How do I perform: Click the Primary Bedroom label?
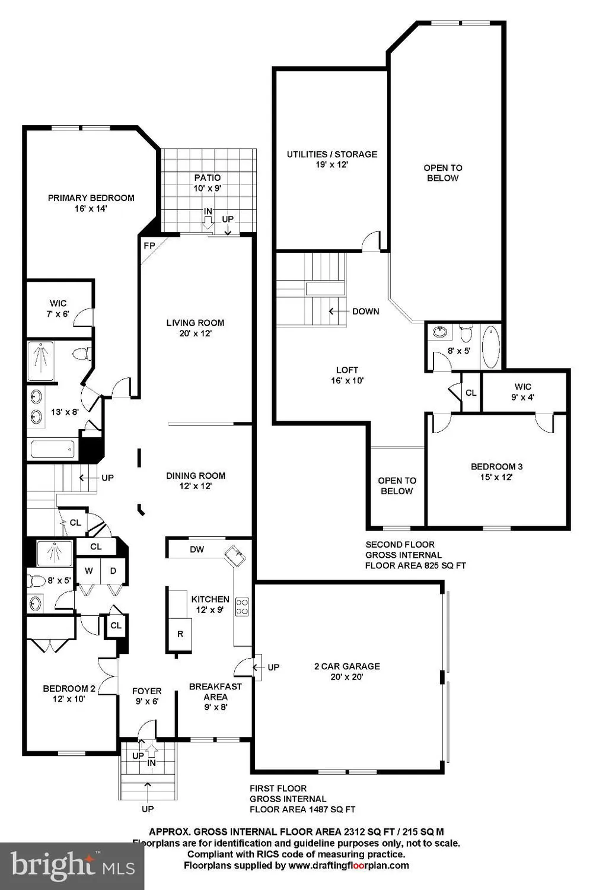(x=91, y=198)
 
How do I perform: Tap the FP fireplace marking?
(x=149, y=246)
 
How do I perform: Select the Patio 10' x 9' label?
(x=208, y=183)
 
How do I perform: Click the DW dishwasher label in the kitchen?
(x=197, y=549)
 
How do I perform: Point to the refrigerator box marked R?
(x=180, y=634)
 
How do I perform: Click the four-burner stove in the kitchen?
(x=243, y=607)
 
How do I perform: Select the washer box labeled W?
(x=88, y=571)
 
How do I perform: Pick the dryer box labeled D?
(x=113, y=571)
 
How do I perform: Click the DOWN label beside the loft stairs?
(x=366, y=311)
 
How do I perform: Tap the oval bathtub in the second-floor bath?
(x=491, y=347)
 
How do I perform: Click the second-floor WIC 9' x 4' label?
(x=522, y=392)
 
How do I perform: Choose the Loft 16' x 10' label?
(x=347, y=375)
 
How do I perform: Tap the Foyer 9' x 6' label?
(x=147, y=696)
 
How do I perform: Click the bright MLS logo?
(x=72, y=867)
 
